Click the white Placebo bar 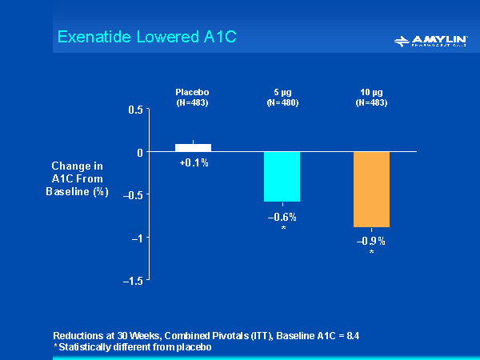[x=193, y=147]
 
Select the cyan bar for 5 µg [x=282, y=176]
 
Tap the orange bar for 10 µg [x=371, y=189]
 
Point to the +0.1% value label [x=194, y=162]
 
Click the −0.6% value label [x=282, y=217]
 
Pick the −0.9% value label [x=371, y=241]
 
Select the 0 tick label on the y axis [x=139, y=152]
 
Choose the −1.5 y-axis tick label [x=133, y=281]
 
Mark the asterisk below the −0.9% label [x=371, y=253]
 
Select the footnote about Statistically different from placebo [x=132, y=346]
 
